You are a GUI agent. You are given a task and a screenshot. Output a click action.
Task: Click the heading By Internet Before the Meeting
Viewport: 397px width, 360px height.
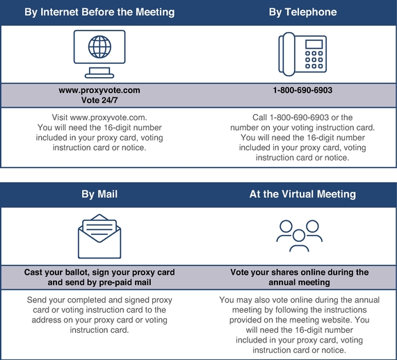pos(99,12)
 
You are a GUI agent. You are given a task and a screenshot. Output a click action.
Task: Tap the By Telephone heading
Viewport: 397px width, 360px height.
pos(303,12)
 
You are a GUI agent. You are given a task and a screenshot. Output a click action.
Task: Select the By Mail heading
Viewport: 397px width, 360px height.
pos(99,194)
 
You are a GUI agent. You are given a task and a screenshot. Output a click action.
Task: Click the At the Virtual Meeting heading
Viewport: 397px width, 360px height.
pos(302,194)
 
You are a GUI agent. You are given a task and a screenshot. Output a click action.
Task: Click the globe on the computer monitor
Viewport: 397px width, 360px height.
pos(99,47)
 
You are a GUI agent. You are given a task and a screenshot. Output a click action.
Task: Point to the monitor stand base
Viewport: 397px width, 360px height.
pos(99,76)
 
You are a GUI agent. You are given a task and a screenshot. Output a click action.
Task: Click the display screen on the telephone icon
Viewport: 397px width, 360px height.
pos(314,44)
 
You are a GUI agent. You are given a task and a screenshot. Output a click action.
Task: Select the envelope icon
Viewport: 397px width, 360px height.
pos(99,236)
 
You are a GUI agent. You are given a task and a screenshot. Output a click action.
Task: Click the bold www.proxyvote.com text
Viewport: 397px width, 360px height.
pos(99,90)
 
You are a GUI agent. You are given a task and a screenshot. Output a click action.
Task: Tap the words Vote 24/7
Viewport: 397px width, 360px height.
pos(99,100)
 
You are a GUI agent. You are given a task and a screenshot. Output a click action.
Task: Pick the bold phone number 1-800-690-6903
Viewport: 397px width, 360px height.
pos(302,90)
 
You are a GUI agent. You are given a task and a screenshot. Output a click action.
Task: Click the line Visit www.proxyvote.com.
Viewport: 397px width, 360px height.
pos(99,117)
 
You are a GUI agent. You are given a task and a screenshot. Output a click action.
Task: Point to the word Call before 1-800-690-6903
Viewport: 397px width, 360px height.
pos(259,117)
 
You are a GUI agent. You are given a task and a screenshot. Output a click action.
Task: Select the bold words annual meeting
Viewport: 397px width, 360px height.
pos(299,282)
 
